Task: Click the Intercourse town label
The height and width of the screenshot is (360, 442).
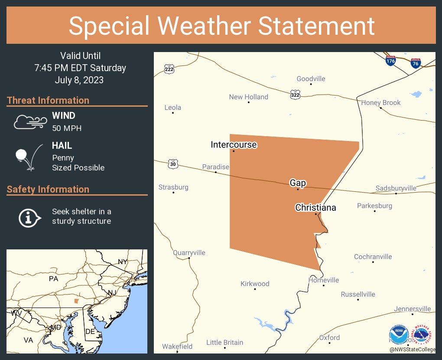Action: click(234, 144)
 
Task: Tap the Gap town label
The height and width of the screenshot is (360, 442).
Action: click(298, 183)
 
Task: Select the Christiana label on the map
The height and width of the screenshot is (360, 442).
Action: click(315, 208)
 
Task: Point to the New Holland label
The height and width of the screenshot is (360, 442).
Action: click(248, 97)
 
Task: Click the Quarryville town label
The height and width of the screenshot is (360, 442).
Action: click(189, 252)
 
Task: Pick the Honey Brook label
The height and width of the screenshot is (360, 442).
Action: click(381, 103)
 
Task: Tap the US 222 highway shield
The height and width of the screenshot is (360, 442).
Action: click(169, 69)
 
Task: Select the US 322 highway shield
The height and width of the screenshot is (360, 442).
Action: click(295, 94)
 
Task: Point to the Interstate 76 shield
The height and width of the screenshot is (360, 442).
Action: click(416, 62)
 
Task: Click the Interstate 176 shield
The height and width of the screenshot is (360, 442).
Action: click(390, 61)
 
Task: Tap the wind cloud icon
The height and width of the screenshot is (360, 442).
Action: click(29, 122)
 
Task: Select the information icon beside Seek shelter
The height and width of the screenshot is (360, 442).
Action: click(29, 217)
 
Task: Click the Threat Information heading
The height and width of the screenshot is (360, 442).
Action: click(48, 100)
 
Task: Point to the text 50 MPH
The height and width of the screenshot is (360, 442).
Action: click(67, 128)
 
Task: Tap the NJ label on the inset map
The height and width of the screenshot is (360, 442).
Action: click(112, 293)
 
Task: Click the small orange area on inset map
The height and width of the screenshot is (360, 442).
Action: click(77, 301)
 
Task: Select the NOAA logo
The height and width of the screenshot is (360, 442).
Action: click(398, 335)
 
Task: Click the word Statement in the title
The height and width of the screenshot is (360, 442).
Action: click(316, 26)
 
